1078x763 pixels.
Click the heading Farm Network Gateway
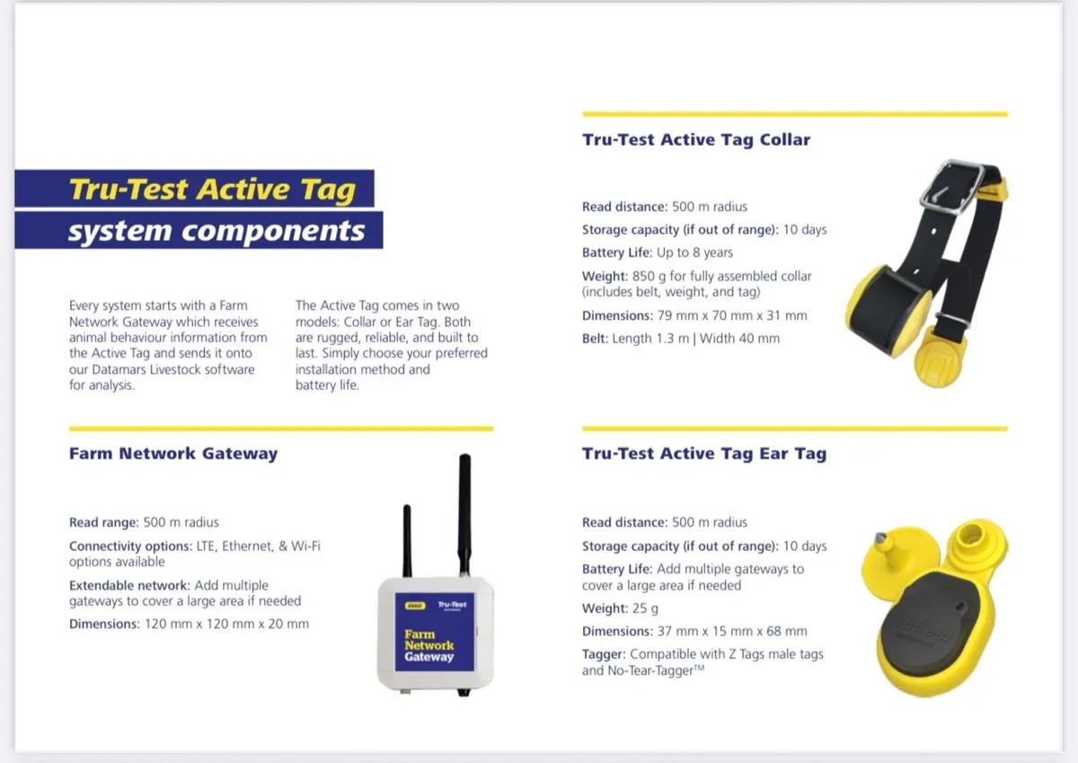173,454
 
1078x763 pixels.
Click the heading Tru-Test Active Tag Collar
696,139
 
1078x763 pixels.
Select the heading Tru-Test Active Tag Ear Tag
704,454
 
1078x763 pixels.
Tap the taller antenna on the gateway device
465,514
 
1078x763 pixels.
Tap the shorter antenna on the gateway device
407,541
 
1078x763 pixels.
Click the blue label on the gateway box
435,632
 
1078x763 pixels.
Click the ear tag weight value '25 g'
645,608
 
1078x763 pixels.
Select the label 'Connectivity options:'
130,546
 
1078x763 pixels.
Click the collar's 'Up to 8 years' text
695,253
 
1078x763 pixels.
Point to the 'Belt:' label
596,339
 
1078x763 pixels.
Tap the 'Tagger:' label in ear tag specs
604,654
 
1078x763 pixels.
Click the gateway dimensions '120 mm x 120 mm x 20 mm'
226,624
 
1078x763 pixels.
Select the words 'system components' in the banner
216,231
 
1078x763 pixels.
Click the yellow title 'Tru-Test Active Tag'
212,189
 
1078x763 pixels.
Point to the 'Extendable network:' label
130,585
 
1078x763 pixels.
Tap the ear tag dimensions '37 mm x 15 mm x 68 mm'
732,631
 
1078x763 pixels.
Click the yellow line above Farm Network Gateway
281,429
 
